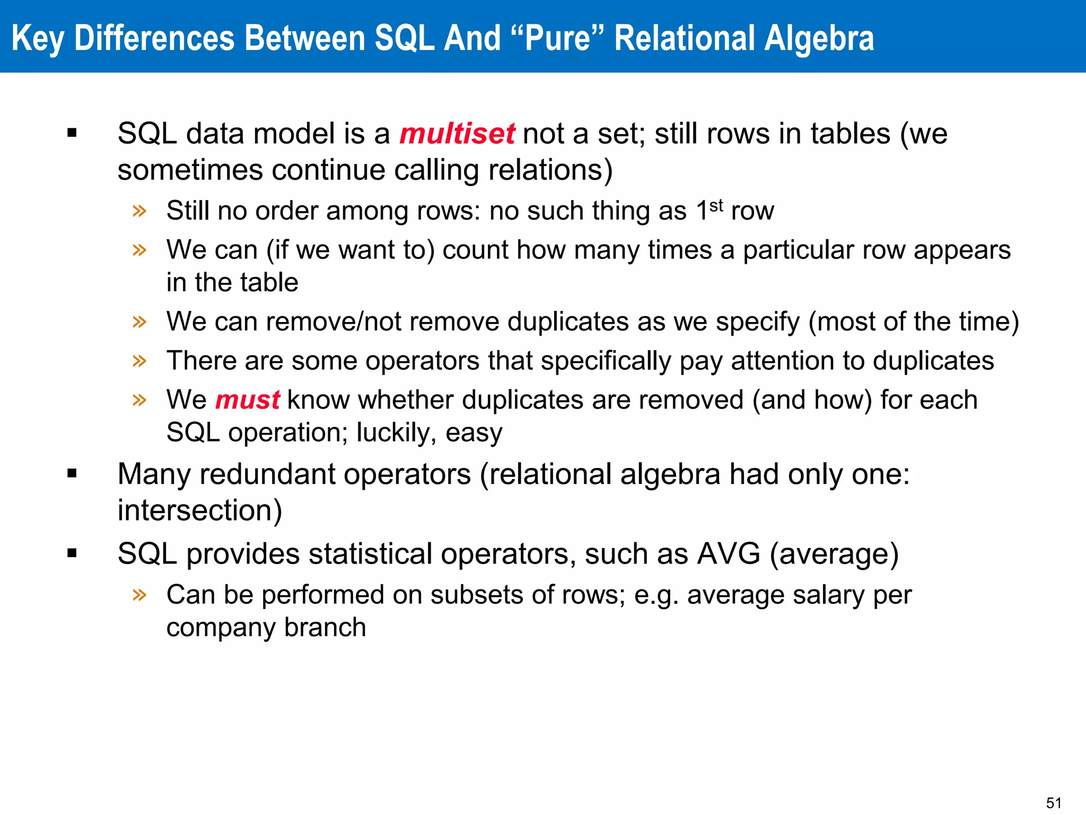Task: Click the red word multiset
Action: [x=457, y=133]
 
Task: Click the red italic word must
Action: [x=247, y=400]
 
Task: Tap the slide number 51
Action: [x=1053, y=802]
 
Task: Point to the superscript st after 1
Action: [x=716, y=205]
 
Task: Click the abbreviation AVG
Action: [x=729, y=554]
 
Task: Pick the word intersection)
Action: [x=200, y=510]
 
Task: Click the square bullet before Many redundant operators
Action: [x=72, y=473]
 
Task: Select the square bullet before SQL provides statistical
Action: [x=72, y=553]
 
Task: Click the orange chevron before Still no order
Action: [x=139, y=211]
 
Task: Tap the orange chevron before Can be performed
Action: [x=139, y=594]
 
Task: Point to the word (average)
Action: [x=834, y=554]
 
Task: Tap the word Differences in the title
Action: [x=154, y=38]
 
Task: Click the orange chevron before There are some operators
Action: [x=139, y=361]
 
